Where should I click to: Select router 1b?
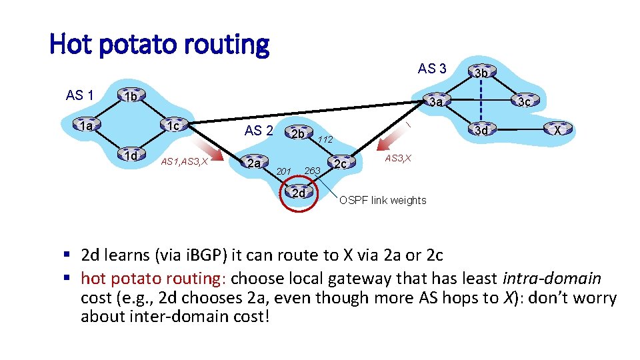pos(130,97)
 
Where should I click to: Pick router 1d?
pos(130,156)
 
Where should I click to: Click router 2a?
pos(253,162)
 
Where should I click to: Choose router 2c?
pos(341,163)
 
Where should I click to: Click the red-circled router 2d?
pos(298,193)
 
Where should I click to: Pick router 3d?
pos(481,130)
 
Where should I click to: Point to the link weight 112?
pos(325,139)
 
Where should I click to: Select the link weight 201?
pos(284,172)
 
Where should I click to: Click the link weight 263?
pos(313,171)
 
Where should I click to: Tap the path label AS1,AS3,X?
pos(186,162)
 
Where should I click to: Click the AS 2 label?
pos(258,131)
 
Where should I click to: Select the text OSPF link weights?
pos(383,200)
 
